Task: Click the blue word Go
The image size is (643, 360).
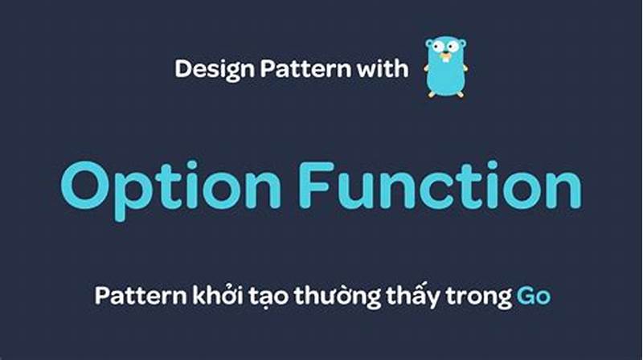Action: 533,296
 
